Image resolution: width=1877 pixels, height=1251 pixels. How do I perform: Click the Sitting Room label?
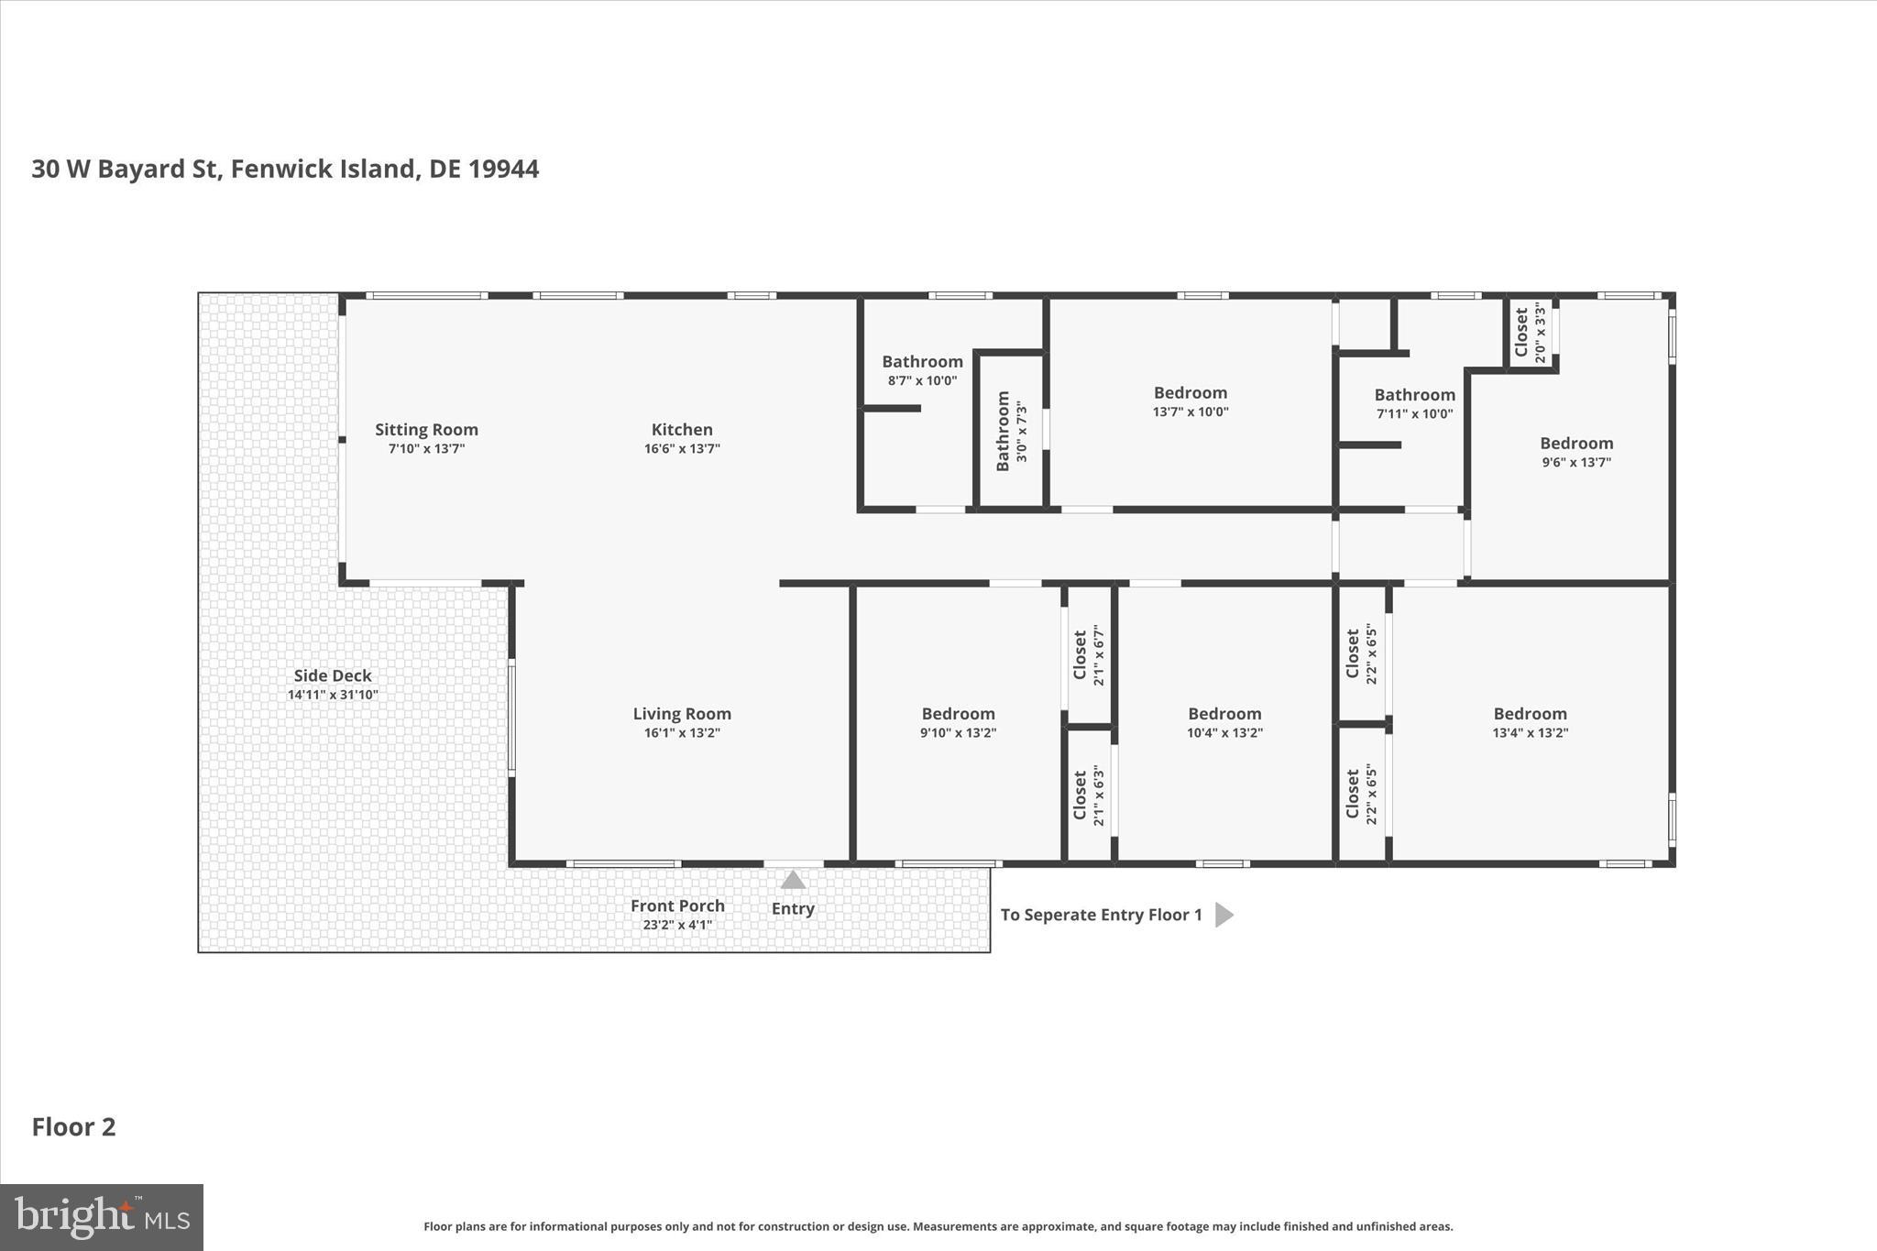point(426,430)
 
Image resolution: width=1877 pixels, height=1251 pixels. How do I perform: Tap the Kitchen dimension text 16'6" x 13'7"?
point(682,449)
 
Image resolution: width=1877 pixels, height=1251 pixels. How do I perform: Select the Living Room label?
point(682,714)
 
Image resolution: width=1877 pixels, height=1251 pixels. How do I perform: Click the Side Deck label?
point(333,675)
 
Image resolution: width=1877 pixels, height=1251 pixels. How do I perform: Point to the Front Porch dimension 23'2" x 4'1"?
point(677,925)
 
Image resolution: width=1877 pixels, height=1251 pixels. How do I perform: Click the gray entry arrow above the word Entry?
point(793,881)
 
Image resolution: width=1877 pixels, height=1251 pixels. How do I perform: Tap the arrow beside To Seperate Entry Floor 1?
point(1224,915)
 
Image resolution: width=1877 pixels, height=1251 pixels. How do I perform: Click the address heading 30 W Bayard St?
point(285,170)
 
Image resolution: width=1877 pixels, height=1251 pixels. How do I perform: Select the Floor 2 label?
point(73,1127)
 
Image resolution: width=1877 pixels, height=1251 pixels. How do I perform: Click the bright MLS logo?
point(102,1217)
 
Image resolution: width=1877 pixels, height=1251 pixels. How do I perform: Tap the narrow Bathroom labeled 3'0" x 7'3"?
point(1011,431)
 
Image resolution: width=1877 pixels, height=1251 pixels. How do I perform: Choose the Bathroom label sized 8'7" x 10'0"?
point(922,362)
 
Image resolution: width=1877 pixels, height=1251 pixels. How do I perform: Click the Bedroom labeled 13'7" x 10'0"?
point(1190,393)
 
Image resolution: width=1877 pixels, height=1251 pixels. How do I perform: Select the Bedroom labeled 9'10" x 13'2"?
point(958,714)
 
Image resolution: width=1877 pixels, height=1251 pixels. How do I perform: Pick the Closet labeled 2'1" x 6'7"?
point(1089,655)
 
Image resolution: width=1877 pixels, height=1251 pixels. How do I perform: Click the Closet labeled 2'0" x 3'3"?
point(1530,334)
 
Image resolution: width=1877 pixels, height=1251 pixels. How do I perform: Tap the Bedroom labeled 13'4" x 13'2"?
point(1530,714)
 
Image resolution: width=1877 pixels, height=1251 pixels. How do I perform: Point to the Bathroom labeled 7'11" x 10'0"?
point(1414,395)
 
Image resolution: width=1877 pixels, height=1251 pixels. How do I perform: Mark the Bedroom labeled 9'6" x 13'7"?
point(1575,444)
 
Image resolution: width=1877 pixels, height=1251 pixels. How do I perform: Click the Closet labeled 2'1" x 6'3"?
point(1089,796)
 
